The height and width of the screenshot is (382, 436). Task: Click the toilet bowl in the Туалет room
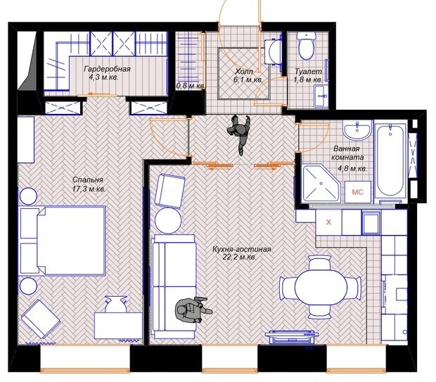[306, 45]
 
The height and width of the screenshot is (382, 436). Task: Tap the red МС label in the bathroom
[357, 192]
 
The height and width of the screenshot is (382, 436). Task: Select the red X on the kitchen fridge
[329, 222]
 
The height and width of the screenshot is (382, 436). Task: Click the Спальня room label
[88, 179]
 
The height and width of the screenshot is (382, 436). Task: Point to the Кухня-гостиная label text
[241, 249]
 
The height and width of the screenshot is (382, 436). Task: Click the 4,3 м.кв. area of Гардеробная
[103, 77]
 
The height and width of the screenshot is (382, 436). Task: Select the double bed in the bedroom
[63, 241]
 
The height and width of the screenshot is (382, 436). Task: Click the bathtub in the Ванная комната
[390, 161]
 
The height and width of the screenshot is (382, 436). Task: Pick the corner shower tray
[320, 184]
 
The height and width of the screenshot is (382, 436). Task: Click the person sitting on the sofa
[193, 309]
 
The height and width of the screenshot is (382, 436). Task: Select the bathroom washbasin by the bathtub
[357, 129]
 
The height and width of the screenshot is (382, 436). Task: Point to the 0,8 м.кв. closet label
[191, 86]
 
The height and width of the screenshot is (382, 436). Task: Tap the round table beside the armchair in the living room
[168, 220]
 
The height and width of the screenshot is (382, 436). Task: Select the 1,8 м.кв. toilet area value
[308, 80]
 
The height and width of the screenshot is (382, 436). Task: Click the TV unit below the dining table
[291, 337]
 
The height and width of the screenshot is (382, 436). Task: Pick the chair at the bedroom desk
[115, 304]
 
